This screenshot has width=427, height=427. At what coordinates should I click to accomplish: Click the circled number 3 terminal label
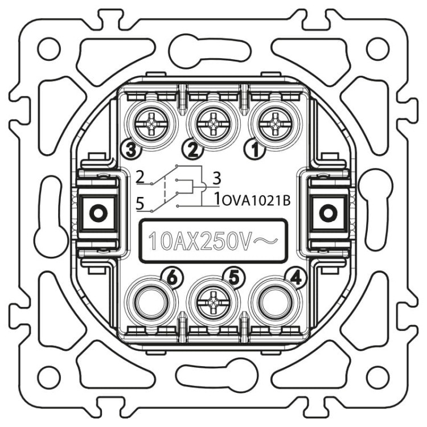[132, 148]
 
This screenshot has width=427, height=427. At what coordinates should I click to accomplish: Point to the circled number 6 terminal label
[172, 278]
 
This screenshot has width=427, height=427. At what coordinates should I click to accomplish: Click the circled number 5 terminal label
[233, 278]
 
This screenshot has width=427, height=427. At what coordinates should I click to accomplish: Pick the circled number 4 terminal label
[295, 278]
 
